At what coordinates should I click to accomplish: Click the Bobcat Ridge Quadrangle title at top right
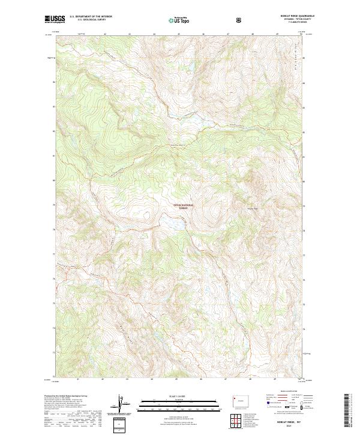[289, 16]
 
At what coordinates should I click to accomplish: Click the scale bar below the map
[176, 406]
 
